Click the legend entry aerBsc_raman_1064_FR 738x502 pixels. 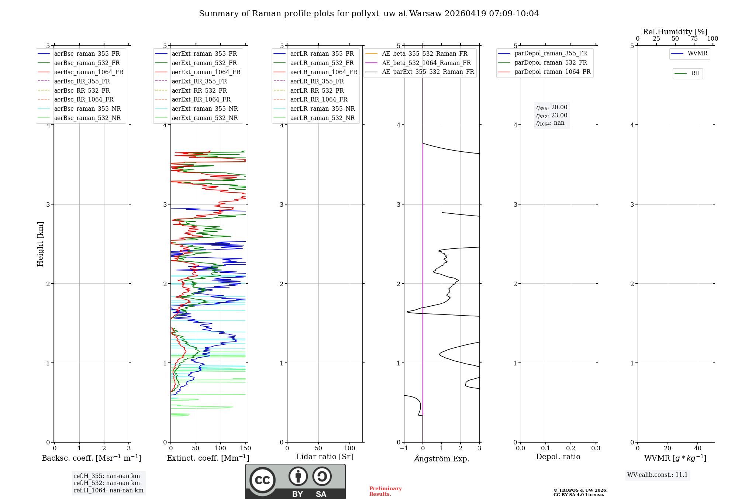(89, 72)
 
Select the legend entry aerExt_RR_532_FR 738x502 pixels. (199, 90)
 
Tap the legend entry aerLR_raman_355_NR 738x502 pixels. (322, 109)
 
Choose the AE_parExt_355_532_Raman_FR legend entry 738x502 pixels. (428, 72)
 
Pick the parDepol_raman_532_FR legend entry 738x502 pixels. (551, 63)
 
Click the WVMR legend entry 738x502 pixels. (697, 54)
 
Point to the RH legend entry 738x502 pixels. (695, 73)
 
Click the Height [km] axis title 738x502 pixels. (40, 244)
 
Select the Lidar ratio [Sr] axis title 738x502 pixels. (325, 457)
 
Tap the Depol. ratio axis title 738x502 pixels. (558, 457)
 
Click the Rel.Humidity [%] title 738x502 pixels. (675, 32)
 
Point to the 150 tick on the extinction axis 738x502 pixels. (245, 448)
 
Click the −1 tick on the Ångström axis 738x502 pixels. (404, 448)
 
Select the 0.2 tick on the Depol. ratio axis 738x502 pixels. (570, 448)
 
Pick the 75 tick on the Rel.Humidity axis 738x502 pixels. (694, 39)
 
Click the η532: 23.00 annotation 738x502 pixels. (552, 116)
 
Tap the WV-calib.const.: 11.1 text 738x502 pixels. (657, 475)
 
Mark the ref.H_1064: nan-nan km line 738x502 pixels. (108, 491)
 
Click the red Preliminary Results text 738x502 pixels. (385, 491)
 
